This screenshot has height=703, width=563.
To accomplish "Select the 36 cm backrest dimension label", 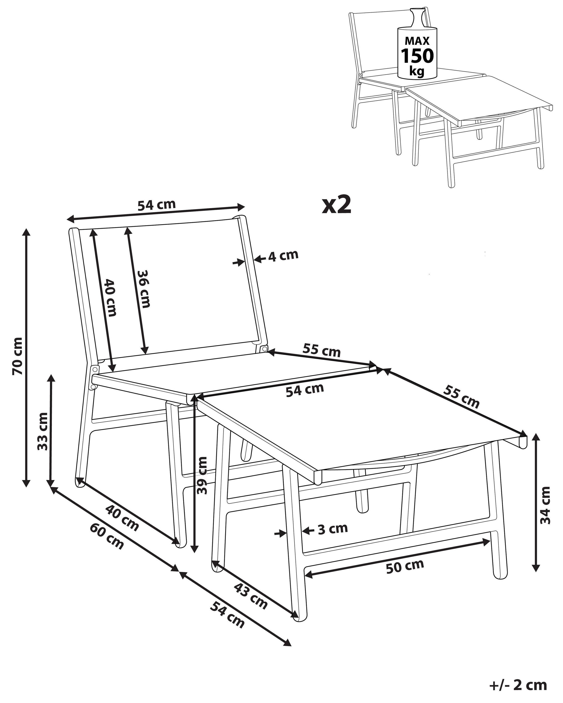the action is (x=144, y=289).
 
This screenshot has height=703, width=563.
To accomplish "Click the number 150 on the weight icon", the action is (x=417, y=56).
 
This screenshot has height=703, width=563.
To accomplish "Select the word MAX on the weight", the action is (x=417, y=41).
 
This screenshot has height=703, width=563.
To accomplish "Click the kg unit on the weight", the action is (x=417, y=71).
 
